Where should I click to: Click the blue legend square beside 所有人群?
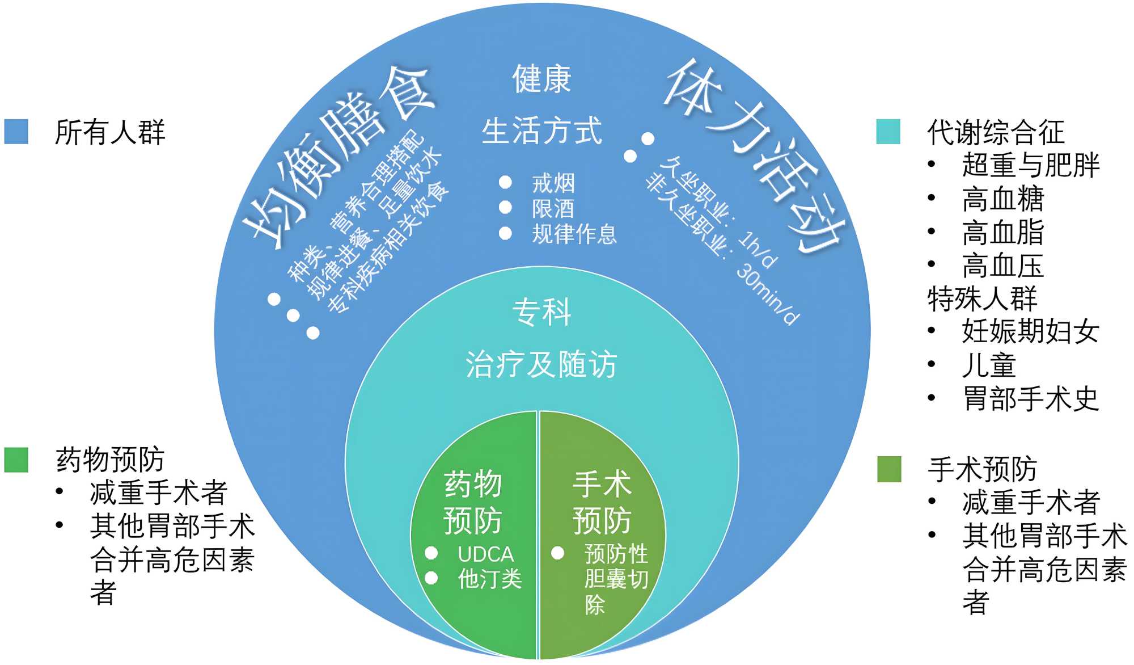pos(16,131)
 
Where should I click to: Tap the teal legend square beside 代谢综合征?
pos(888,131)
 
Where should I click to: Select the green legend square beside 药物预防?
pos(16,460)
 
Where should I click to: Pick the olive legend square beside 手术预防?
pos(888,469)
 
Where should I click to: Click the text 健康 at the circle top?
pos(541,79)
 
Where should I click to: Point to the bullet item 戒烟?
pos(553,183)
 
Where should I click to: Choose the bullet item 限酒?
pos(553,208)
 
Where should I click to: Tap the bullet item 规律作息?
pos(574,234)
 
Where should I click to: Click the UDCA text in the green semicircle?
pos(485,554)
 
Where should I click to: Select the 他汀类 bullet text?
pos(489,579)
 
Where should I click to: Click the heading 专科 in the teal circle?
pos(541,312)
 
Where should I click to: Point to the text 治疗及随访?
pos(541,364)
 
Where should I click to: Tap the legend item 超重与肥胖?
pos(1030,165)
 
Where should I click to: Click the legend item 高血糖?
pos(1002,199)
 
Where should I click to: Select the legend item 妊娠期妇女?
pos(1030,331)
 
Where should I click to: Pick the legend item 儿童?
pos(988,365)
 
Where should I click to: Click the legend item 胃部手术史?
pos(1030,398)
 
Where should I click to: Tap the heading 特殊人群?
pos(982,298)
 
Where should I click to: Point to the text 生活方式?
pos(541,131)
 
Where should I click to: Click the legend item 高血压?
pos(1002,266)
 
